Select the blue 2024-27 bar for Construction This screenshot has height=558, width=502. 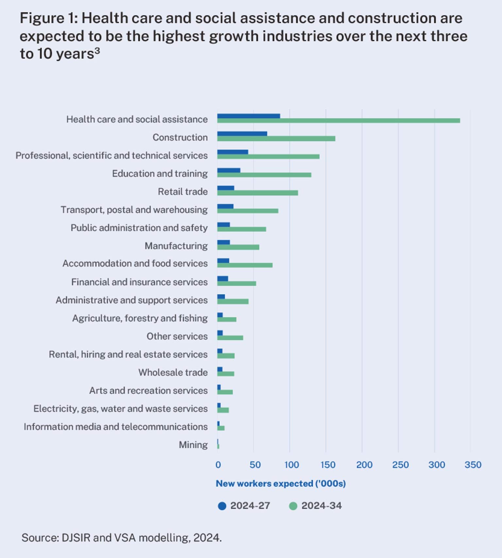pos(242,134)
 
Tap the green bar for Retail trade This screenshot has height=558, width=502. pos(258,193)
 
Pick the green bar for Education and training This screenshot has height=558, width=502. pos(264,175)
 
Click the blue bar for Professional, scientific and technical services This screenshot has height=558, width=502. pos(233,152)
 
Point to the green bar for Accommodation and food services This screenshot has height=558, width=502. pos(245,265)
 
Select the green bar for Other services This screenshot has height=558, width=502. pos(230,338)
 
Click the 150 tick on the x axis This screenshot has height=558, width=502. pos(327,465)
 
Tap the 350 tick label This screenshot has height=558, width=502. pos(473,465)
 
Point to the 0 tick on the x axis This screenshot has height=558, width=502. pos(218,465)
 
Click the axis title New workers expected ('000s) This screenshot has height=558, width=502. pos(281,483)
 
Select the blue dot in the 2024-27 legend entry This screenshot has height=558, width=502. pos(222,506)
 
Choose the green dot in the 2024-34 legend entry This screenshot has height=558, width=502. pos(293,506)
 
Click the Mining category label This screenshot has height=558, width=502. pos(193,445)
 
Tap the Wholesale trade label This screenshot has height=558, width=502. pos(173,373)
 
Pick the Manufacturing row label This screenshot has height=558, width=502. pos(176,246)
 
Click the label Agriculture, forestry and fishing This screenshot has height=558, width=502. pos(140,318)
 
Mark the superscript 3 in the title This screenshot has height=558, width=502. pos(97,51)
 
